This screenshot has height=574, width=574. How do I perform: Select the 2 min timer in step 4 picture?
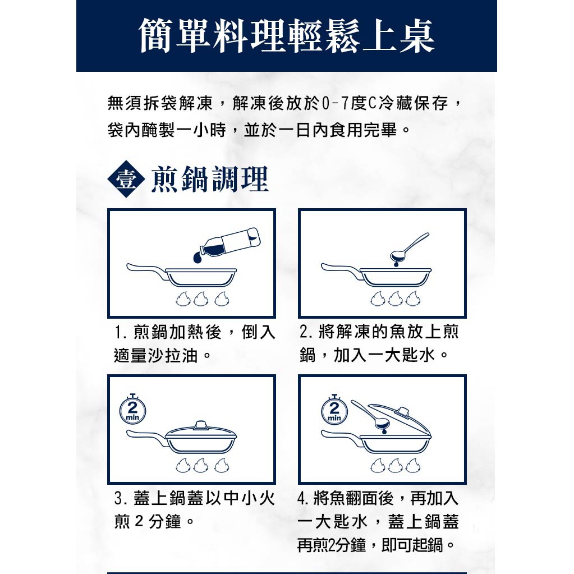point(334,410)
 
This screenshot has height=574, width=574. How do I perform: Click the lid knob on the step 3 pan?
point(201,425)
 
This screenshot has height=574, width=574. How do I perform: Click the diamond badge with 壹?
point(126,179)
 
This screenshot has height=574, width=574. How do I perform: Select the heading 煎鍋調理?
point(210,179)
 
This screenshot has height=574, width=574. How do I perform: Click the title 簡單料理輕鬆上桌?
point(287,36)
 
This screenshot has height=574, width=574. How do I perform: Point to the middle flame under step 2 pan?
point(396,299)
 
